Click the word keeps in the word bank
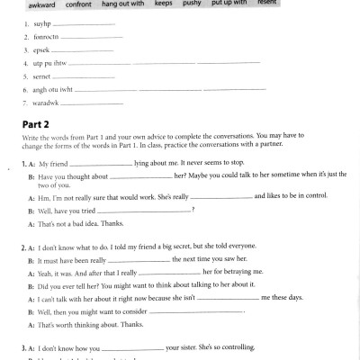tap(163, 4)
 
